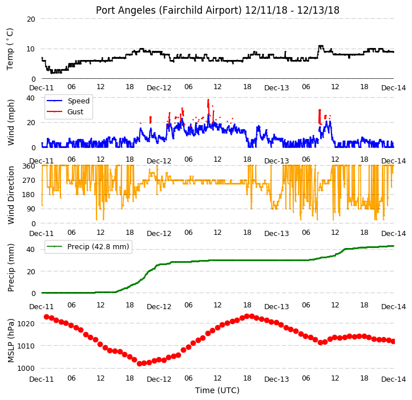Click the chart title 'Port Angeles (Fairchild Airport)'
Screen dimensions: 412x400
click(x=168, y=10)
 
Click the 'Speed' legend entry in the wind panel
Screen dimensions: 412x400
click(x=79, y=101)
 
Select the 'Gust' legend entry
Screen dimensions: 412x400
click(x=75, y=111)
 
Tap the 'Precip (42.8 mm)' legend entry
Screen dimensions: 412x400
click(x=98, y=247)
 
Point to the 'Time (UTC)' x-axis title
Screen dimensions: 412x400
click(x=217, y=390)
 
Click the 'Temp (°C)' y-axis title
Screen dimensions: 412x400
click(x=10, y=49)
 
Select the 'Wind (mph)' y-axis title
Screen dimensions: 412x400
click(x=11, y=122)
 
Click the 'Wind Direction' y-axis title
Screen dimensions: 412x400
click(x=11, y=195)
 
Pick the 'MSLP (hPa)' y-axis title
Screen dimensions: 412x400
click(x=11, y=341)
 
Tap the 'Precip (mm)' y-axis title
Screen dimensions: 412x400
click(x=11, y=267)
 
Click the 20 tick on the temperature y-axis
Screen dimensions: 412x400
click(x=31, y=19)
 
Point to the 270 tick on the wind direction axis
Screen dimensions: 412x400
click(x=29, y=181)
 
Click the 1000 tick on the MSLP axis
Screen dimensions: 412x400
click(x=26, y=368)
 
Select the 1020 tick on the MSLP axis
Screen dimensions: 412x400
click(x=26, y=323)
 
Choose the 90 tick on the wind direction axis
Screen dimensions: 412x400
click(x=31, y=209)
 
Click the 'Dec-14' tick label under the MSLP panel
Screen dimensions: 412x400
click(x=393, y=379)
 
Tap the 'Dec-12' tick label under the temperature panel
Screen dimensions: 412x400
click(x=159, y=88)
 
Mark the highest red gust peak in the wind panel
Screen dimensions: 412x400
click(x=208, y=100)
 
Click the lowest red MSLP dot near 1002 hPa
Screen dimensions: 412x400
click(x=140, y=363)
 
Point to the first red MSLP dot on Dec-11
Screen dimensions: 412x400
click(x=47, y=317)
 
